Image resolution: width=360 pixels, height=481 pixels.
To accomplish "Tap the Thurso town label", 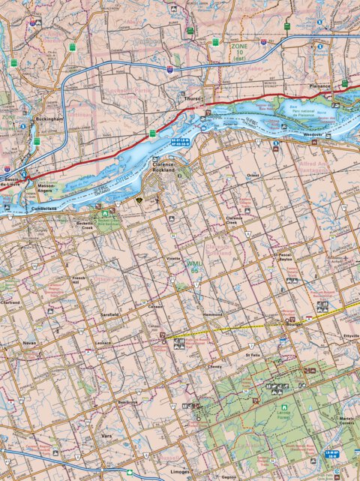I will click(x=193, y=98).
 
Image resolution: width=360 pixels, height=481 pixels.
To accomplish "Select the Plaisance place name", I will click(x=319, y=86).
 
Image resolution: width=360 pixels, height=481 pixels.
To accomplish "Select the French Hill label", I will click(x=79, y=280).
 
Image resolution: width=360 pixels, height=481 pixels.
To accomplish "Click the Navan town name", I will click(x=29, y=341).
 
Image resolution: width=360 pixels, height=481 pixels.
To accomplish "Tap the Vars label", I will click(x=106, y=434).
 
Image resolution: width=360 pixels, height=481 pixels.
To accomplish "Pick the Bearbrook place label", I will click(x=128, y=401).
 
